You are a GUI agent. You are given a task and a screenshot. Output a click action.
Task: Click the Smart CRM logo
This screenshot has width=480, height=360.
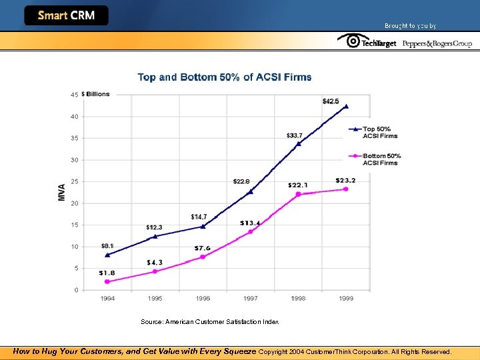coord(66,15)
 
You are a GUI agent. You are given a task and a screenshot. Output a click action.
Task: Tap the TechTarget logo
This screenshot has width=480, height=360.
coord(367,42)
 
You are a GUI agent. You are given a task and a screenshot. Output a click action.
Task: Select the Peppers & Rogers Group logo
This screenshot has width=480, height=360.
coord(437,43)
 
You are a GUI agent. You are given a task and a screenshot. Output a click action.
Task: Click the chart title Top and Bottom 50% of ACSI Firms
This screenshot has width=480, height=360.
coord(225,77)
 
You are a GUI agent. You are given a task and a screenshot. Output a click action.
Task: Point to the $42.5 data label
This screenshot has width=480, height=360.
coord(330,101)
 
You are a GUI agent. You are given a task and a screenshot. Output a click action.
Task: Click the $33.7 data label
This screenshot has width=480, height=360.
coord(294,135)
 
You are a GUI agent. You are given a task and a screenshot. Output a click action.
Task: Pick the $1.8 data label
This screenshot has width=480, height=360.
coord(106,273)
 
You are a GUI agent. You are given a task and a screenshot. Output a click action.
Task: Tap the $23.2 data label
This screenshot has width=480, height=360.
coord(346,180)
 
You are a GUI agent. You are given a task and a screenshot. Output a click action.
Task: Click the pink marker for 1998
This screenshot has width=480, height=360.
coord(298,194)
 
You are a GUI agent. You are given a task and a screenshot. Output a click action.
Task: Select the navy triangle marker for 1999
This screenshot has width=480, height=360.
coord(346,106)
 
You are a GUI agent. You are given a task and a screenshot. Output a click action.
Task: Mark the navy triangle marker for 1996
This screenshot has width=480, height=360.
coord(203,226)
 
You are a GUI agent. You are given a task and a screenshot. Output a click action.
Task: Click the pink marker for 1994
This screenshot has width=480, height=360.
coord(107,281)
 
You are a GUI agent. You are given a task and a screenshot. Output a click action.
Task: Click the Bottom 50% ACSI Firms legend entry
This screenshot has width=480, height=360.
coord(379,159)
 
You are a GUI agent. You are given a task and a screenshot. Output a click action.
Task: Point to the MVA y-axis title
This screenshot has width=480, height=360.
coord(62,193)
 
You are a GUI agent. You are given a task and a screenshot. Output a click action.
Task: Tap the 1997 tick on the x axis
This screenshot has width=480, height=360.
coord(250,299)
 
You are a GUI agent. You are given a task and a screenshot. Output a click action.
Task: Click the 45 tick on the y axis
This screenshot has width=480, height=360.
coord(74,95)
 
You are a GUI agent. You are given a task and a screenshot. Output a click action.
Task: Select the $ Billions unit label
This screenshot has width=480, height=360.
coord(96,95)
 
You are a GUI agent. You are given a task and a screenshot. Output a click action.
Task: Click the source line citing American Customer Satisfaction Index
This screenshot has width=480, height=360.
coord(209,322)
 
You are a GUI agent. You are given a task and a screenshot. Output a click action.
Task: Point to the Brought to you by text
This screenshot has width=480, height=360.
coord(410,26)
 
